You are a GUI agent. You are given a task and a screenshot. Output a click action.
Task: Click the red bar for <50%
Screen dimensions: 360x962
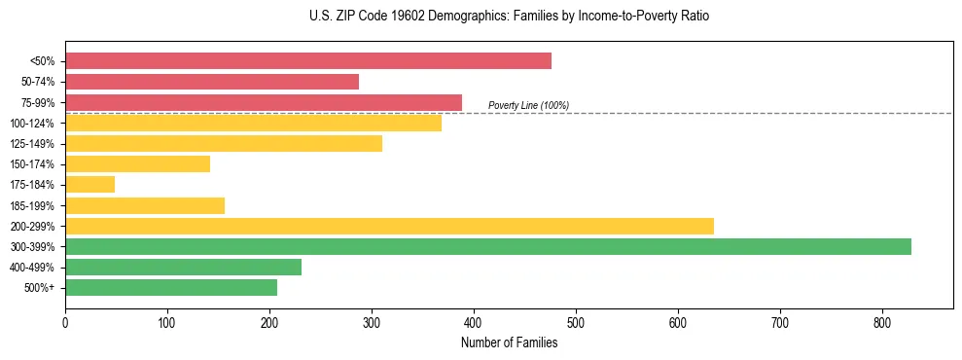pyautogui.click(x=308, y=61)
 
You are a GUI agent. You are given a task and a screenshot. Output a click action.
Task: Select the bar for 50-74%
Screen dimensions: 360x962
pyautogui.click(x=212, y=82)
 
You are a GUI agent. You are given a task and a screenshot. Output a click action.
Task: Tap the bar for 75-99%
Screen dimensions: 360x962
pyautogui.click(x=264, y=102)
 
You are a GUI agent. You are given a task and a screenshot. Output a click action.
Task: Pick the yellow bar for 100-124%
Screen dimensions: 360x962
pyautogui.click(x=253, y=123)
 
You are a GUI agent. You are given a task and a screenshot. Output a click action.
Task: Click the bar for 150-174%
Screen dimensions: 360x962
pyautogui.click(x=137, y=164)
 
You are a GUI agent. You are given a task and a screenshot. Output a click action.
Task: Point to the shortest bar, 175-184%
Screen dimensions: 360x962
pyautogui.click(x=89, y=185)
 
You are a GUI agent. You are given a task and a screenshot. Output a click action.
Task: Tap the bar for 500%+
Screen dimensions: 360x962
pyautogui.click(x=171, y=288)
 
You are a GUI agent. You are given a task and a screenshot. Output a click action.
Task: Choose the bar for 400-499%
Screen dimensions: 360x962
pyautogui.click(x=183, y=268)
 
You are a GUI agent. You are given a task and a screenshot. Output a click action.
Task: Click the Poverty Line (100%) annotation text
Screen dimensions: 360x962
pyautogui.click(x=528, y=105)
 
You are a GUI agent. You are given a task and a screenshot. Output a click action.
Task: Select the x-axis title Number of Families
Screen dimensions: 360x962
pyautogui.click(x=509, y=342)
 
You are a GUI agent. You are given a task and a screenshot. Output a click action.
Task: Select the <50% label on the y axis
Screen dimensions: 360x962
pyautogui.click(x=44, y=61)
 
